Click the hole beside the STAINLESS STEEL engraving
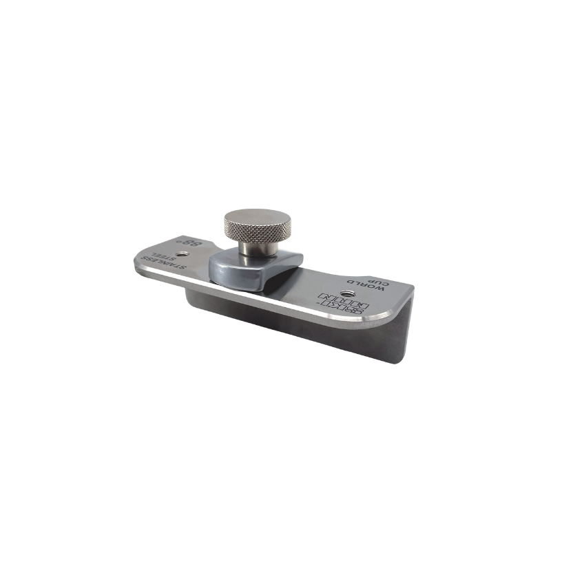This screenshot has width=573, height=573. point(183,255)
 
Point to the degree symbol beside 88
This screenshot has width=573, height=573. point(180,242)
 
